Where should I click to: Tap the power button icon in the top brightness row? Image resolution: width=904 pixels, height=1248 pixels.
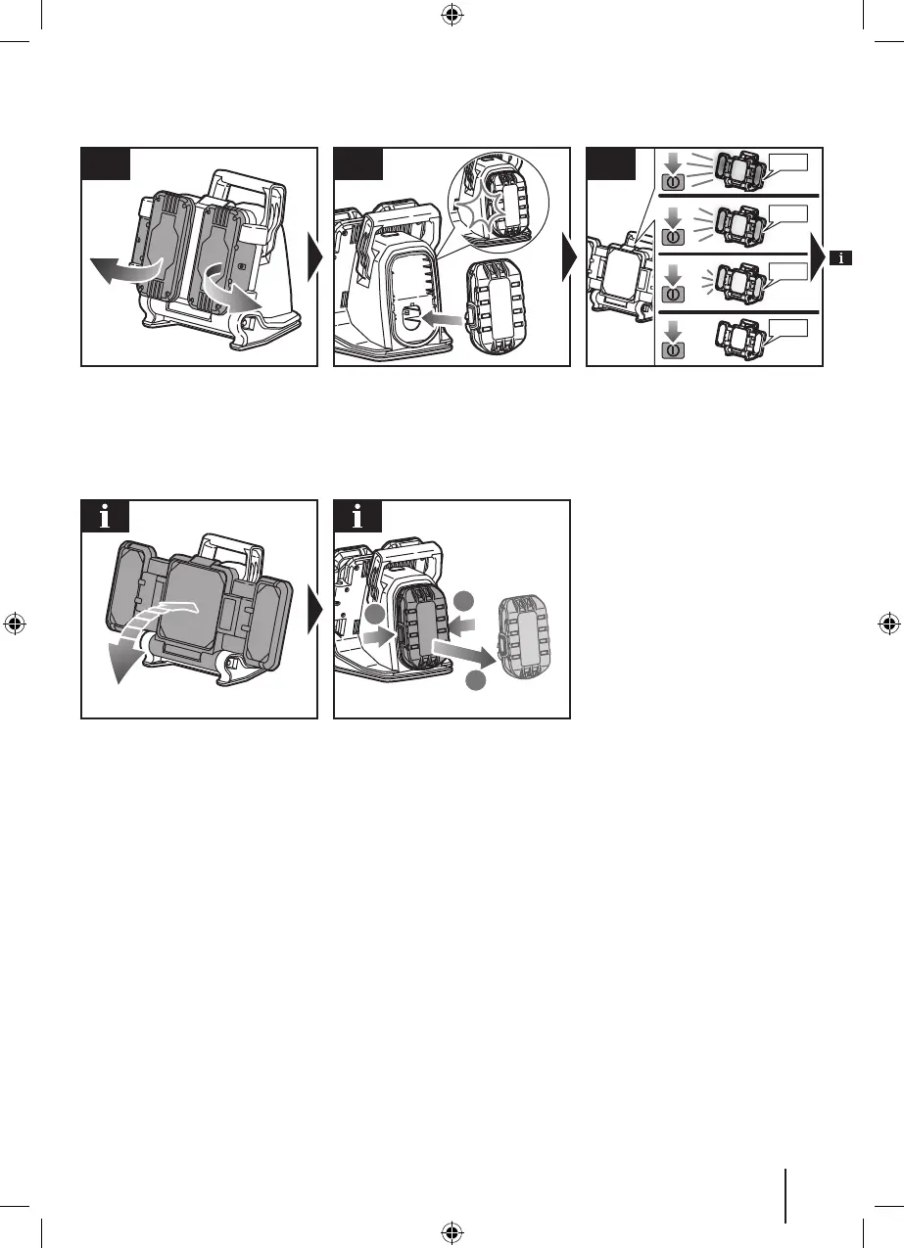(673, 182)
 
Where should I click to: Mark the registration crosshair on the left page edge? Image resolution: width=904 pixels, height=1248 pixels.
(15, 624)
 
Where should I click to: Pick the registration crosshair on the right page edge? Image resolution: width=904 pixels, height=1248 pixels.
(888, 624)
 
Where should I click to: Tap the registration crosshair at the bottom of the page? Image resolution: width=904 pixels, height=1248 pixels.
(452, 1232)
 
